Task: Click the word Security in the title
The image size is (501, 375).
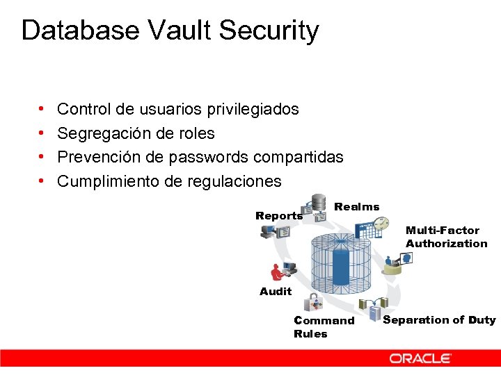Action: [269, 31]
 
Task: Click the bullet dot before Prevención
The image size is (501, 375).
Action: [43, 158]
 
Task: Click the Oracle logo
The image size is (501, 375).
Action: [420, 358]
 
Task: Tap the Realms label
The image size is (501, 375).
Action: [357, 206]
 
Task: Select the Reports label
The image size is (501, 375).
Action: [279, 216]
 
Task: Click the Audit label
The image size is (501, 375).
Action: [276, 292]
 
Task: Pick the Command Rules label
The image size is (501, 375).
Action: [324, 327]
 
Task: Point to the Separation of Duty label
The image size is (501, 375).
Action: [439, 320]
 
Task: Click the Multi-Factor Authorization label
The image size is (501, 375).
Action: [446, 237]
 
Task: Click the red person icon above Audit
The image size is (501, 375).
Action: [278, 273]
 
